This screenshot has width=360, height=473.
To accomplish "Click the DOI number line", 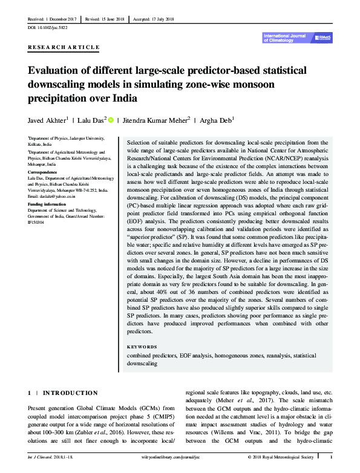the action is pyautogui.click(x=48, y=28).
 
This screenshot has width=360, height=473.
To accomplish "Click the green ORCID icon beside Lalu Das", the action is pyautogui.click(x=111, y=119).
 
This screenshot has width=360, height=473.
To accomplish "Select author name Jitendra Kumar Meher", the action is pyautogui.click(x=155, y=119).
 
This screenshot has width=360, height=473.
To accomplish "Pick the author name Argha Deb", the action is pyautogui.click(x=216, y=119).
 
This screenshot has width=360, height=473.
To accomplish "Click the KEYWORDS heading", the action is pyautogui.click(x=143, y=347).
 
